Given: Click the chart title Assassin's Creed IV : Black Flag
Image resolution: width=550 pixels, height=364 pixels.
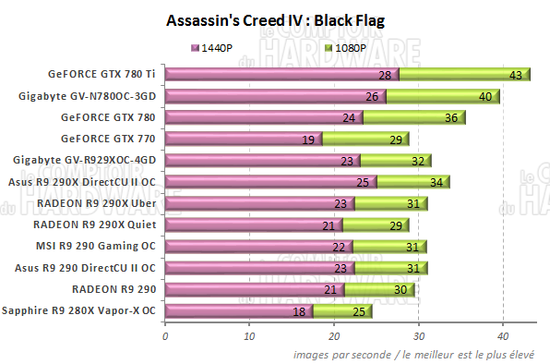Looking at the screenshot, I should [274, 19].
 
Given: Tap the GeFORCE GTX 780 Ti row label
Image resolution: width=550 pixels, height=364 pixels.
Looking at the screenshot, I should [103, 74].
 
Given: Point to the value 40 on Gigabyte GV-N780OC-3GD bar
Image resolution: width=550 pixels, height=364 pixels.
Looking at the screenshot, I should [484, 96].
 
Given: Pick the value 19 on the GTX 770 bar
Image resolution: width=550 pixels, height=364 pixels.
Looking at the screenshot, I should [308, 140].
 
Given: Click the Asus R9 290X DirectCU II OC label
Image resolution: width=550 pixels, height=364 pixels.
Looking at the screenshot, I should [86, 182].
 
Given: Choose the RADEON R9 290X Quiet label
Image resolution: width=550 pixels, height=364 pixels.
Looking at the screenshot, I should [95, 224].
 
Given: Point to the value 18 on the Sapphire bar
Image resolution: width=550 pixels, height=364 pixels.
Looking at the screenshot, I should [300, 311].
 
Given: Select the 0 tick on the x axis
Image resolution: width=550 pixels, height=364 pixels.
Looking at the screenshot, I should [165, 335].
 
